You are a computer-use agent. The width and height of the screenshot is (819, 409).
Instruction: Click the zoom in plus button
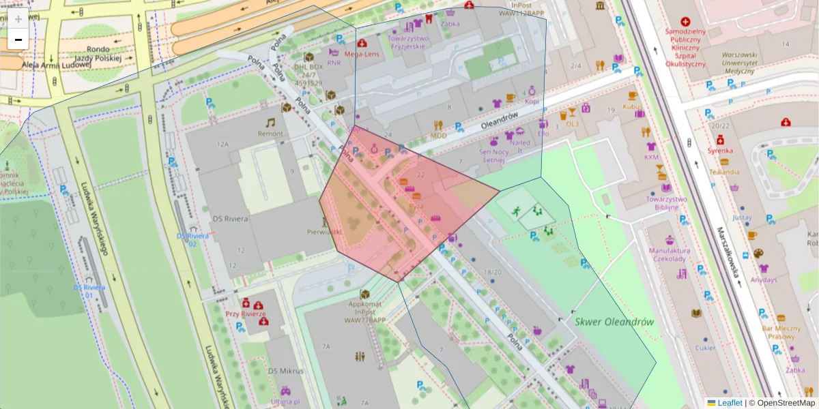(18, 19)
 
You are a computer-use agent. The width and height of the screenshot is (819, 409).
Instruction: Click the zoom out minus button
(18, 40)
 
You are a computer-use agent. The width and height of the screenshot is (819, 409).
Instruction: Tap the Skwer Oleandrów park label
(614, 322)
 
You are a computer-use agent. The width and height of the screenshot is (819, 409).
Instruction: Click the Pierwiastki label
(324, 232)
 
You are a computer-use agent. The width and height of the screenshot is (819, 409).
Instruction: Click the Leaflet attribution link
(730, 403)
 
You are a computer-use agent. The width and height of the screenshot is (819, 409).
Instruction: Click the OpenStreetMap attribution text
(786, 403)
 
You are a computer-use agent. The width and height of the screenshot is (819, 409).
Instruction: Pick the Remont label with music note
(270, 134)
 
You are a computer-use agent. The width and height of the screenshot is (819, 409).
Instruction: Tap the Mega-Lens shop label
(362, 53)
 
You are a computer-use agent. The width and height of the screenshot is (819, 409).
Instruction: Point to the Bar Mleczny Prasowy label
(781, 332)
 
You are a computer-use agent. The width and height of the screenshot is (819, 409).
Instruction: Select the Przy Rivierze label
(245, 314)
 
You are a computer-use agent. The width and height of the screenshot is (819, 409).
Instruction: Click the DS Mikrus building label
(285, 371)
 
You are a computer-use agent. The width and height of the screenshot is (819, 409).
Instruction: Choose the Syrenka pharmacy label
(719, 149)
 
